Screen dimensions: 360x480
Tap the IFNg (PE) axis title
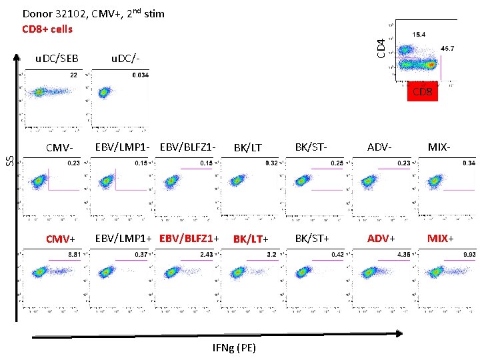[233, 348]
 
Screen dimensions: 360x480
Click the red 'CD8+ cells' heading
[47, 29]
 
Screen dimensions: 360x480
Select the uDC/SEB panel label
[57, 59]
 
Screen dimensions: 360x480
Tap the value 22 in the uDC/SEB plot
[73, 75]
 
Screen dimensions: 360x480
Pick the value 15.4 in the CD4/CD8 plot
[420, 33]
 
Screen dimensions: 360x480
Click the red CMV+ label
[60, 238]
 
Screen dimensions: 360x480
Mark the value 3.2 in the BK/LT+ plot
[271, 254]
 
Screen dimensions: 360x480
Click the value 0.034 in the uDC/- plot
[140, 75]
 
